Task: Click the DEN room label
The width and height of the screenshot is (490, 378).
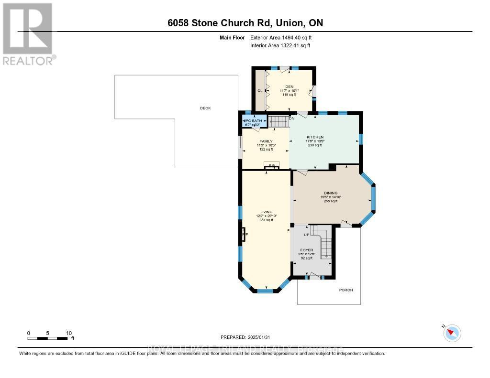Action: point(289,86)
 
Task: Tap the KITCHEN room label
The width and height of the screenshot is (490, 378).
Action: point(315,137)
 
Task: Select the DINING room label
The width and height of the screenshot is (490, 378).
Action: point(330,193)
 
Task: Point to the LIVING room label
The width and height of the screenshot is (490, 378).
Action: point(266,212)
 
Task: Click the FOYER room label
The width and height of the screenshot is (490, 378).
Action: point(306,249)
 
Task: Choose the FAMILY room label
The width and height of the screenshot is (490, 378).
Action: point(266,141)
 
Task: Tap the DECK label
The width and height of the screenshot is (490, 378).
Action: point(205,108)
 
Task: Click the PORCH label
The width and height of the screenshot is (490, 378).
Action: point(346,290)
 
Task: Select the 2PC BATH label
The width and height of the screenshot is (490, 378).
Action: point(254,121)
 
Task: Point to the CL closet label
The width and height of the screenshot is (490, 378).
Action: point(260,90)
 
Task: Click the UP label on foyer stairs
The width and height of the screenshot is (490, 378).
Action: point(307,235)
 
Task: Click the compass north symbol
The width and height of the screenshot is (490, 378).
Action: point(452,333)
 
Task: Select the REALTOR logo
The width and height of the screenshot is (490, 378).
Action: point(28,34)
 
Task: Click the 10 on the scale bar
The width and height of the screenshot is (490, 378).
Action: point(69,333)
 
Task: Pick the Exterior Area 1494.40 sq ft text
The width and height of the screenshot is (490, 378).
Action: point(281,37)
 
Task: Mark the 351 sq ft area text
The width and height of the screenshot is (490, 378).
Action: point(266,220)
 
